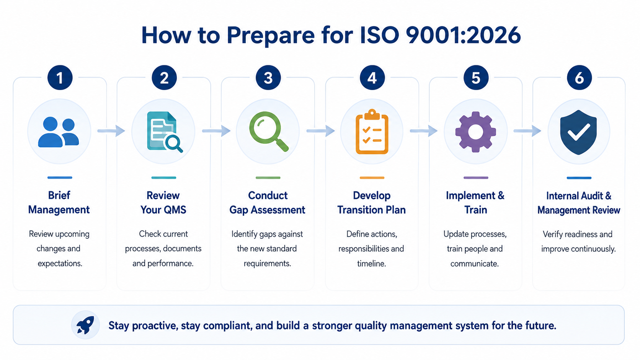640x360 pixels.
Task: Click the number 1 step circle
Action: click(60, 78)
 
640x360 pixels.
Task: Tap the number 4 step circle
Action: click(372, 78)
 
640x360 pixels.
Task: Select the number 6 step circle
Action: click(579, 78)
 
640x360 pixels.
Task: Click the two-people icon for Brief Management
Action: click(59, 132)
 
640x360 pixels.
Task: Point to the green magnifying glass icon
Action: click(269, 131)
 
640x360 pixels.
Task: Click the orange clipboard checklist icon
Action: click(372, 132)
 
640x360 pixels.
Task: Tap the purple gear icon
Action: click(475, 132)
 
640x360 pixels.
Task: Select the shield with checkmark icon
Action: click(579, 132)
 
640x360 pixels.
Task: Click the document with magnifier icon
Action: click(165, 132)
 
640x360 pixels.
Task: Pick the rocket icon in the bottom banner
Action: click(85, 325)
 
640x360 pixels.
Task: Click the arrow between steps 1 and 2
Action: click(111, 131)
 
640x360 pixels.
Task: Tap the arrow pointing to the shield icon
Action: click(527, 131)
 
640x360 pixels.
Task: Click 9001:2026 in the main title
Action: click(463, 35)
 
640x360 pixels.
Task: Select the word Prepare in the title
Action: click(271, 36)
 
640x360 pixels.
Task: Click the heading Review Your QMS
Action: click(163, 203)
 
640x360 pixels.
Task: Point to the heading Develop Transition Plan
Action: click(371, 203)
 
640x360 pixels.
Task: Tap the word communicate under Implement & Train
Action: click(475, 264)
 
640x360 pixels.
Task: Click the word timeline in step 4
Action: click(371, 264)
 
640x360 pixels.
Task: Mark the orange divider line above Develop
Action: click(372, 178)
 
